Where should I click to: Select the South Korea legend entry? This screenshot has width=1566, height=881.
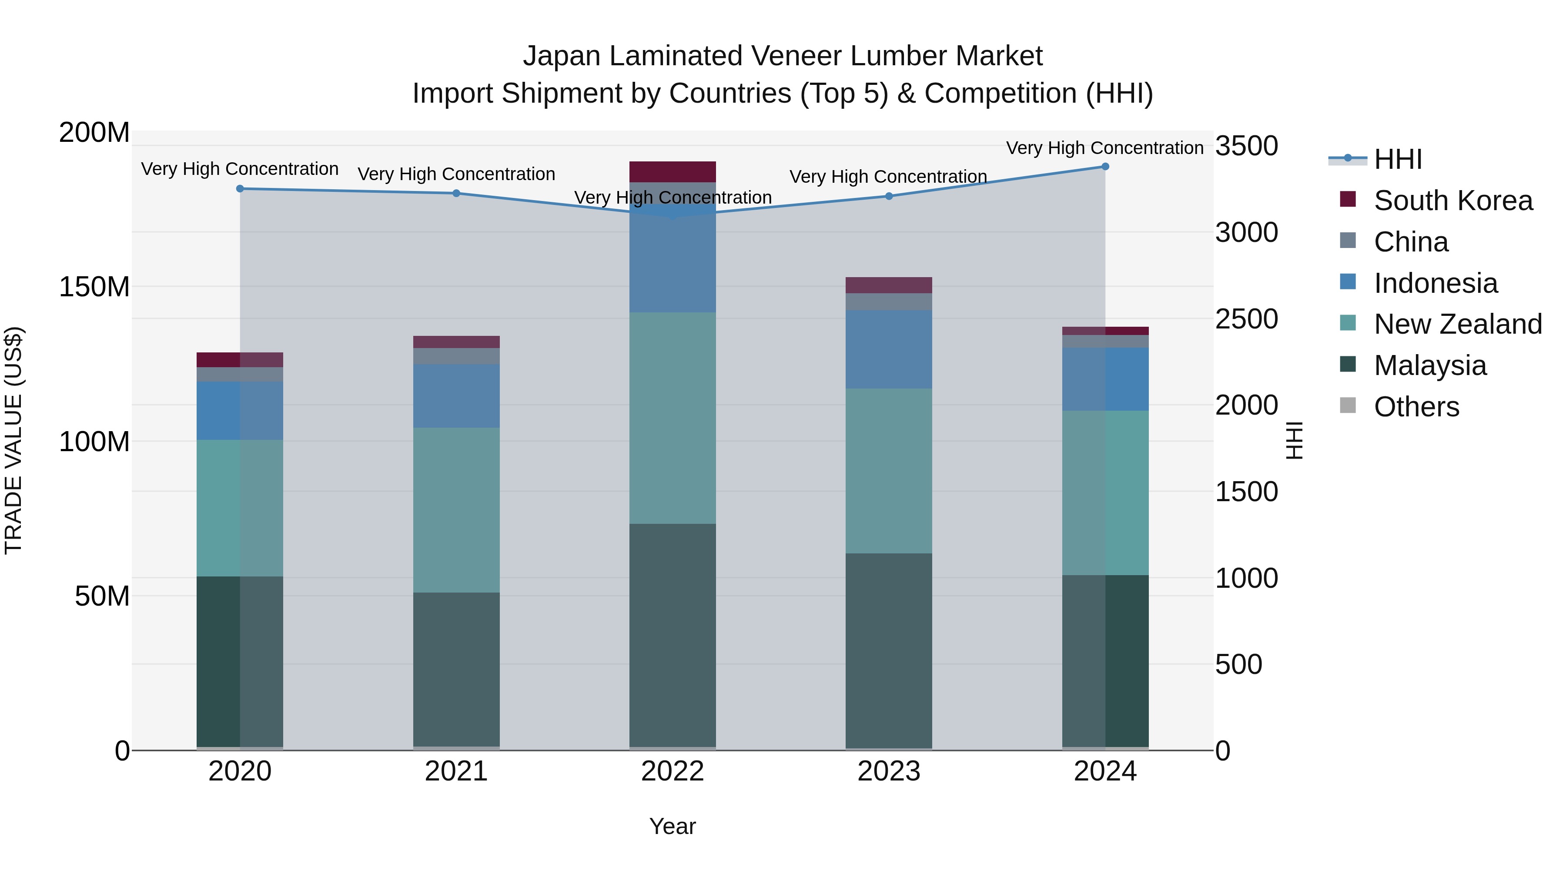click(x=1453, y=201)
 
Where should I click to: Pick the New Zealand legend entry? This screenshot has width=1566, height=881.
click(x=1458, y=324)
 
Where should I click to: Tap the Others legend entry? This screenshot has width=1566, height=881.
click(x=1416, y=407)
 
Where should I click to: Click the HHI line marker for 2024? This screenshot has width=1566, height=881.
click(x=1105, y=167)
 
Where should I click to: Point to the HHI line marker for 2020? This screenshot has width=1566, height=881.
click(x=240, y=188)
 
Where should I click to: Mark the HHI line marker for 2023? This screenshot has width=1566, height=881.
click(x=889, y=196)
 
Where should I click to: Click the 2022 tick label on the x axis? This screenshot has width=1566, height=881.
click(x=673, y=771)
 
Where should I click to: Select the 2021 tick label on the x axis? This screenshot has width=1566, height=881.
click(x=456, y=771)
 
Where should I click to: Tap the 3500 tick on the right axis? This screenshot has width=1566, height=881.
click(x=1246, y=146)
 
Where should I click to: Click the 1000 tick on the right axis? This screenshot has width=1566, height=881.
click(x=1246, y=578)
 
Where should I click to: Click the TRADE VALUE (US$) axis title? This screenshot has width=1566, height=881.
click(x=13, y=440)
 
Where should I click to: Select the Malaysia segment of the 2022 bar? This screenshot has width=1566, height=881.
click(x=673, y=635)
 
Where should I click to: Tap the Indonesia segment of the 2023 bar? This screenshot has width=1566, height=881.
click(x=889, y=350)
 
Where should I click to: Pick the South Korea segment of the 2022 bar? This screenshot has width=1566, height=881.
click(x=673, y=171)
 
